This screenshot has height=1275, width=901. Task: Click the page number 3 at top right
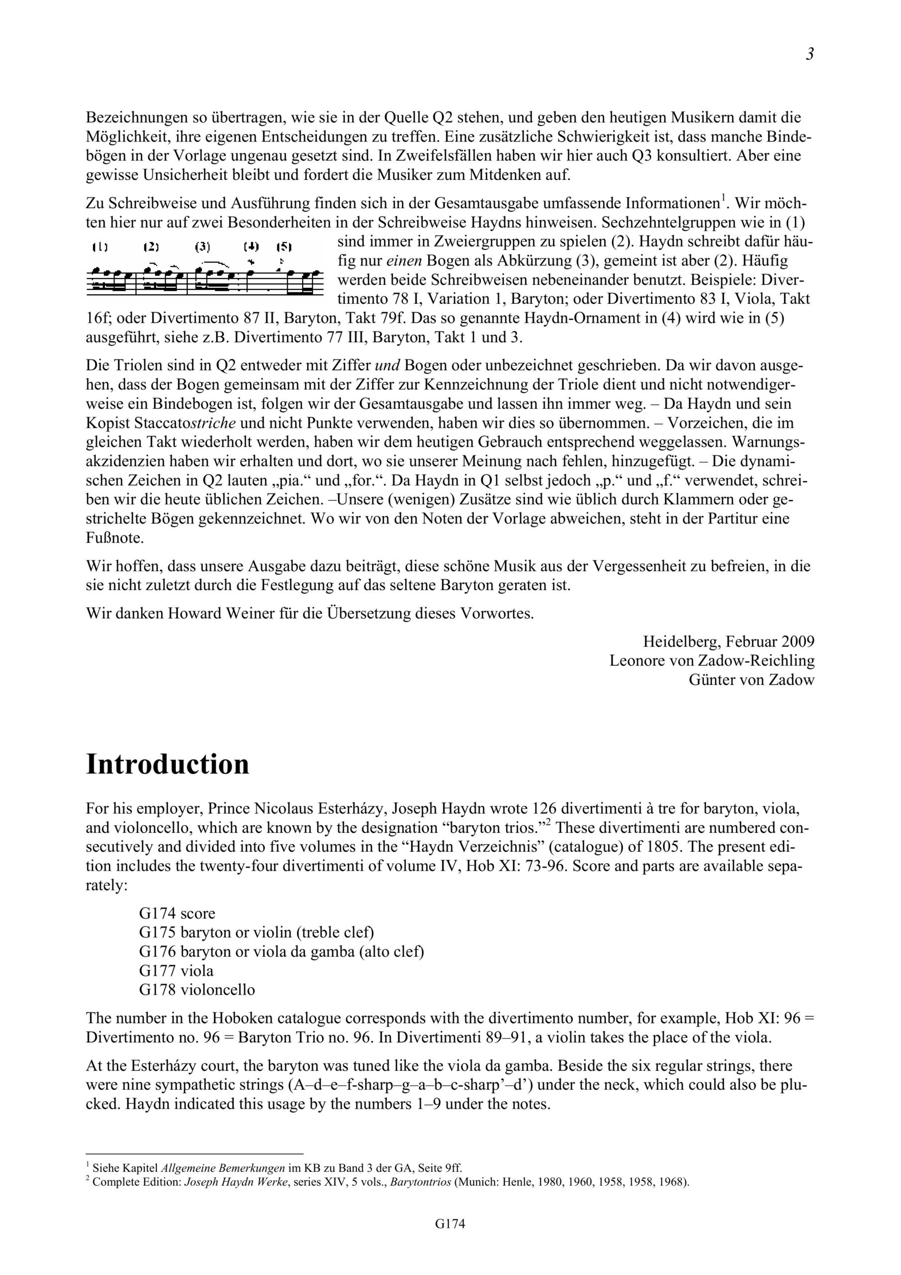[x=809, y=54]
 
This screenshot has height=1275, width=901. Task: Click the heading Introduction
[x=168, y=765]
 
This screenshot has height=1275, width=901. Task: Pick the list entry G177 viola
[x=176, y=971]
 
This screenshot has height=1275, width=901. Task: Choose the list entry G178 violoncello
[x=197, y=990]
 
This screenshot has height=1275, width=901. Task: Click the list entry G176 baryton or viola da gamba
[x=281, y=952]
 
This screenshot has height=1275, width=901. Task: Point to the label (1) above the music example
[x=101, y=247]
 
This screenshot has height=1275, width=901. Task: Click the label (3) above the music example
[x=203, y=247]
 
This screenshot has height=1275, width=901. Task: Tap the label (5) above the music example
[x=284, y=247]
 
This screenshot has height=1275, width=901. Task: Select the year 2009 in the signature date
[x=798, y=642]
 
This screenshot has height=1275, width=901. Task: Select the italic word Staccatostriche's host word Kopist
[x=108, y=423]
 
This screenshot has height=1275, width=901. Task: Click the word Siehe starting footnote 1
[x=105, y=1167]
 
